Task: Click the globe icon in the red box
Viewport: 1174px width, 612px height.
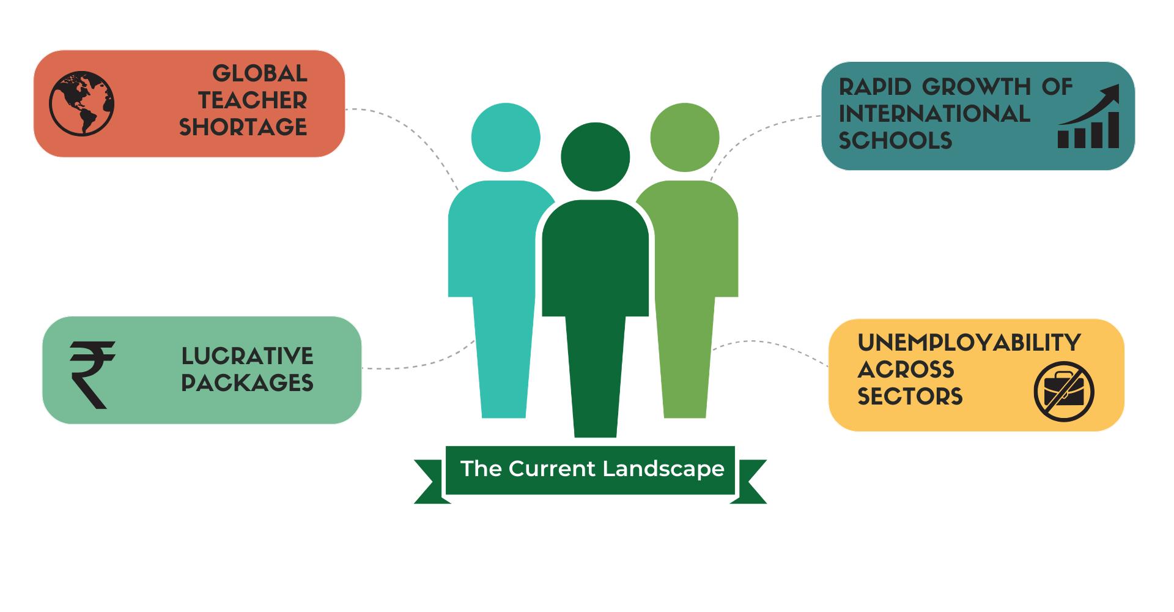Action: [x=81, y=103]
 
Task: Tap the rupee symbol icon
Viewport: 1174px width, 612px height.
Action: [x=92, y=375]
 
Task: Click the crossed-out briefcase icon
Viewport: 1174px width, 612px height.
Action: [x=1064, y=392]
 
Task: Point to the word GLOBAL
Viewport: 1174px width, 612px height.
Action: [x=260, y=73]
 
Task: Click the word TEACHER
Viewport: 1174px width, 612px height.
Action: [x=253, y=100]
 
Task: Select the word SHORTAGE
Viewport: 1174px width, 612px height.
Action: [x=243, y=127]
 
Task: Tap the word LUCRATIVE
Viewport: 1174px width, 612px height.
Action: [x=247, y=356]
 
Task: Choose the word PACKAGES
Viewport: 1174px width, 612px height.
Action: [x=247, y=383]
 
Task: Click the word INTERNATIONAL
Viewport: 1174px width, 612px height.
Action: [x=934, y=114]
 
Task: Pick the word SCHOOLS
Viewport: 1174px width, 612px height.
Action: [x=895, y=141]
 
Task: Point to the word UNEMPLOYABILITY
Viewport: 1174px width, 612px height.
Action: [x=969, y=343]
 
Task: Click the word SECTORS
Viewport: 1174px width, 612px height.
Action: [x=910, y=397]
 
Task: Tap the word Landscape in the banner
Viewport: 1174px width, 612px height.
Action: [x=663, y=469]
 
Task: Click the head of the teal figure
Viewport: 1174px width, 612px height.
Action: [x=506, y=138]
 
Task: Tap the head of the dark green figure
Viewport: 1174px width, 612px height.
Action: [x=596, y=157]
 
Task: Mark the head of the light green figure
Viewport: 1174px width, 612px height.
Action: [x=685, y=138]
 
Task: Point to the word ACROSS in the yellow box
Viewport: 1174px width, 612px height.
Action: [x=906, y=370]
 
